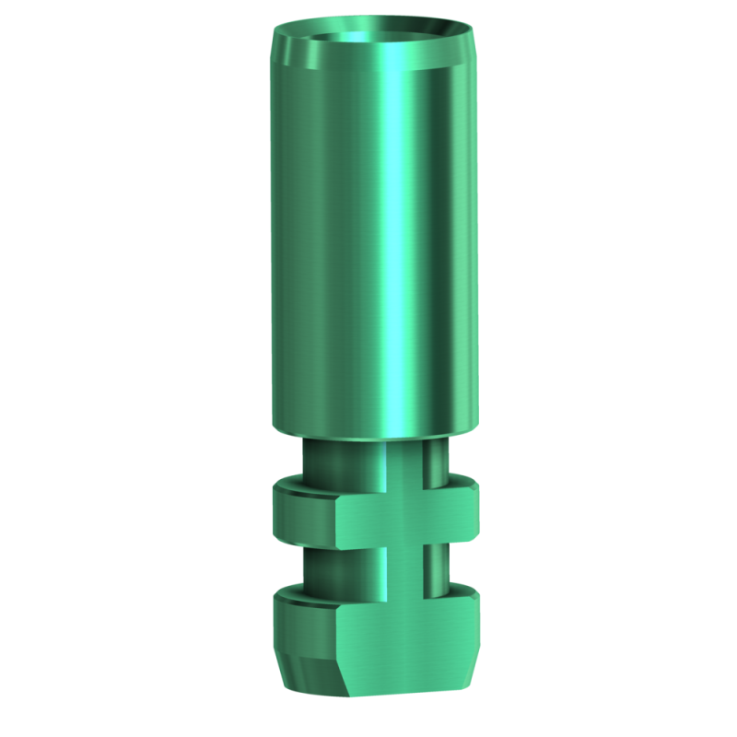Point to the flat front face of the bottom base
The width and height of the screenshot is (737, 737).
(405, 636)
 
